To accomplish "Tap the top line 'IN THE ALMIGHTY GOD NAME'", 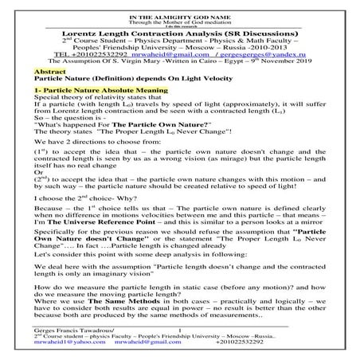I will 180,5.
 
